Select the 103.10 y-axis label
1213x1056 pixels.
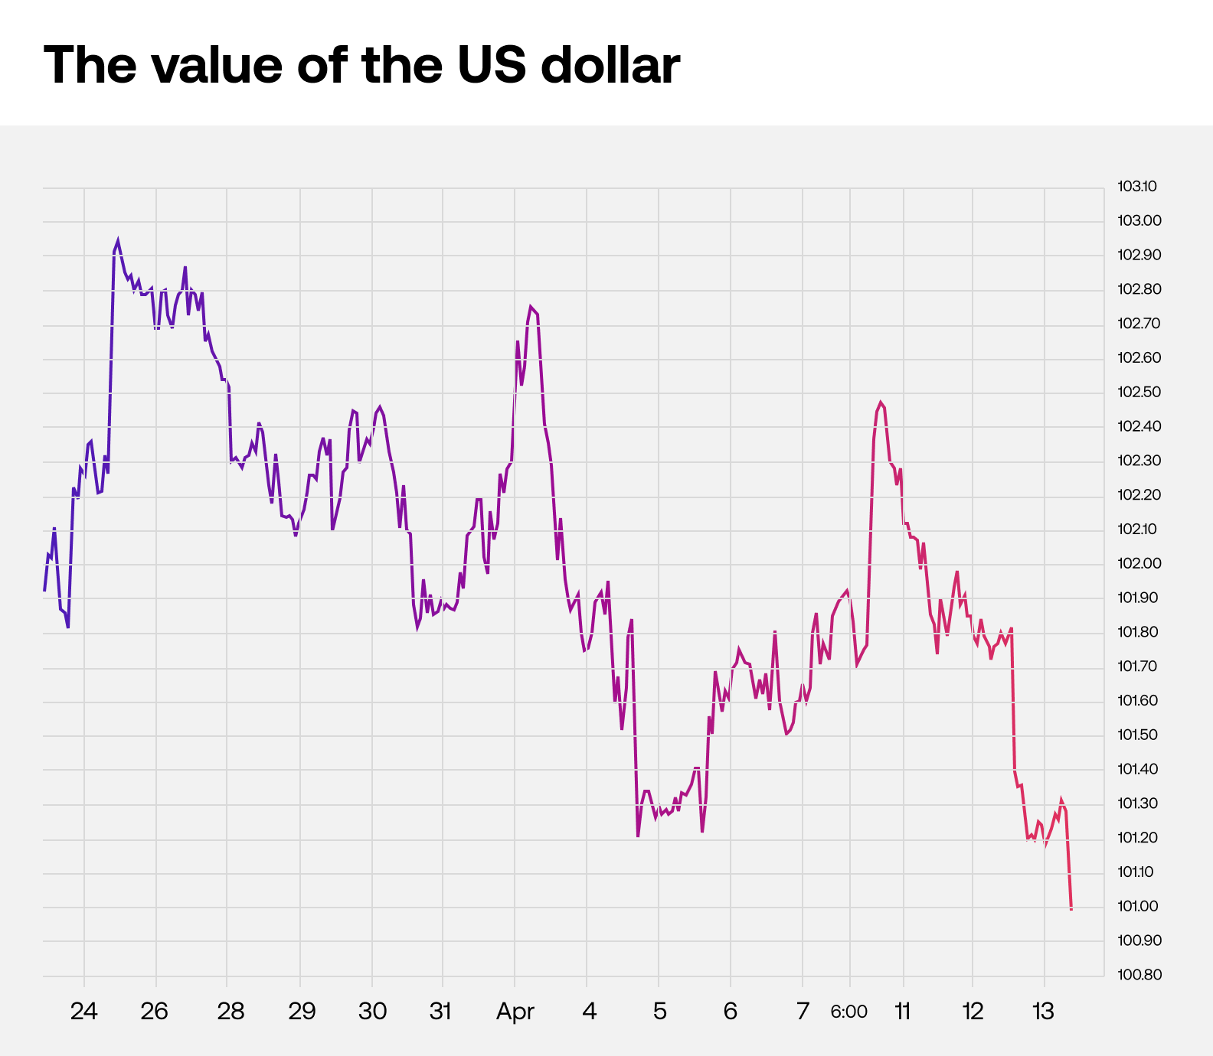point(1137,186)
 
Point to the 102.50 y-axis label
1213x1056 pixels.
point(1139,392)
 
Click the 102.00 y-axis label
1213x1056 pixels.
point(1139,563)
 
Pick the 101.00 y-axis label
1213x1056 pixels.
point(1138,906)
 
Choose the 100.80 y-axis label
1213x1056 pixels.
point(1139,975)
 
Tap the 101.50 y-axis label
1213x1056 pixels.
point(1138,735)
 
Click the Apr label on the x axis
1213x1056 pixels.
point(515,1012)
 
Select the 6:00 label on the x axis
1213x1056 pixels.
point(848,1012)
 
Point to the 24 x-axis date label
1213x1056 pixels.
point(83,1012)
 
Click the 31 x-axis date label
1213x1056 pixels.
point(440,1012)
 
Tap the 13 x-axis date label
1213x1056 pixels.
point(1043,1012)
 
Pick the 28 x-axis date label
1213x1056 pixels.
point(231,1012)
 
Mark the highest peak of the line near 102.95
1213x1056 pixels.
point(117,240)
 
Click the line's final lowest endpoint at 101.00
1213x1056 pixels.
point(1071,908)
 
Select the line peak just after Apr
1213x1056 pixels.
point(530,307)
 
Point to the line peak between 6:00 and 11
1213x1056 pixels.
point(881,403)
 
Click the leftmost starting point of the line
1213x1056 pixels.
point(44,590)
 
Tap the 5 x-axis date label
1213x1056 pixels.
point(659,1012)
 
